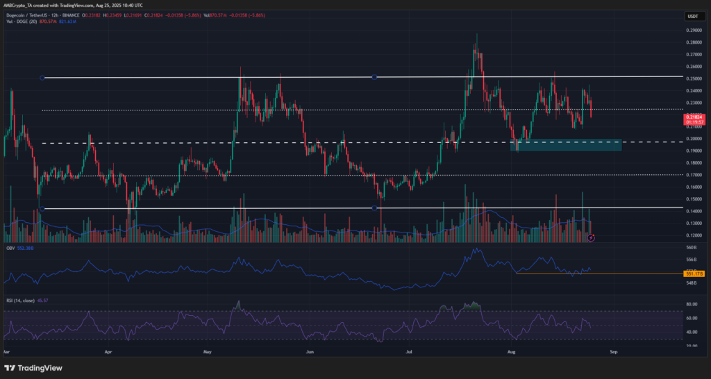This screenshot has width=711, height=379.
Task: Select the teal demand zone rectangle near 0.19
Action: [x=566, y=145]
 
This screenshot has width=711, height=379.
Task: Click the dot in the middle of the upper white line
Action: [x=375, y=77]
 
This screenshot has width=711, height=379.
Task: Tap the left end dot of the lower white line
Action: [x=43, y=208]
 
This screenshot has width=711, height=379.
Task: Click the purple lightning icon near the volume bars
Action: [x=591, y=237]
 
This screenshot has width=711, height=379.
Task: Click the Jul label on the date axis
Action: [x=410, y=352]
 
